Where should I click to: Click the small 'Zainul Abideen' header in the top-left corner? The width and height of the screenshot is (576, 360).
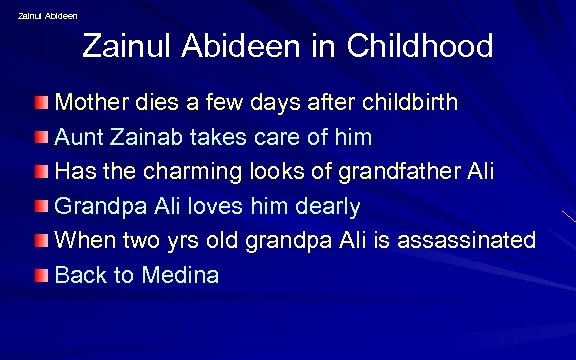point(48,15)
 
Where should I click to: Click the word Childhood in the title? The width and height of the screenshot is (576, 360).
point(419,46)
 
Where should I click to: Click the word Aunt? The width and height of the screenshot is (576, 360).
point(78,137)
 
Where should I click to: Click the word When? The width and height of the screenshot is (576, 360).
point(85,240)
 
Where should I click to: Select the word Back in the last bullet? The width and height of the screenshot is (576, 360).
point(79,275)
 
